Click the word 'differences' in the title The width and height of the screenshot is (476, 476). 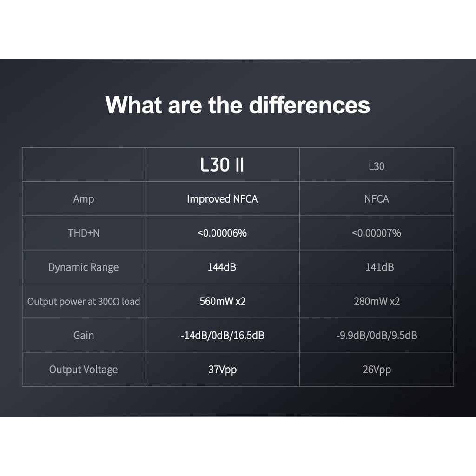[x=309, y=105]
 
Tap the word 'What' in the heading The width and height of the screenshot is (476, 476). [x=133, y=105]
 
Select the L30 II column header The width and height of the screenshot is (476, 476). [x=222, y=165]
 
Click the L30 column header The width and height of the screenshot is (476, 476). [x=377, y=166]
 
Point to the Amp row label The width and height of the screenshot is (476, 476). [x=84, y=199]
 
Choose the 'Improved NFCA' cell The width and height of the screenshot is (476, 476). [x=222, y=199]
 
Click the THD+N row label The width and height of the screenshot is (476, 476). [x=84, y=233]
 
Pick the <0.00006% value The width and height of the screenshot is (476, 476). [x=222, y=233]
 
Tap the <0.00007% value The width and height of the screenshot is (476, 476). [x=377, y=233]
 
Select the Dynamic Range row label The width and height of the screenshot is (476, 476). [x=84, y=267]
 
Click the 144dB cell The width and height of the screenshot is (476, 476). [x=222, y=267]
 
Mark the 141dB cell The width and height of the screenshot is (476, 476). [x=379, y=267]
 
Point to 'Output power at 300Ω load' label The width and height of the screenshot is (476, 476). [x=84, y=302]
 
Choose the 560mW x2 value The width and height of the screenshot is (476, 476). [x=223, y=301]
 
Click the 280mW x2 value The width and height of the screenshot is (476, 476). [x=377, y=301]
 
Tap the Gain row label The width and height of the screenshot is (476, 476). [x=84, y=336]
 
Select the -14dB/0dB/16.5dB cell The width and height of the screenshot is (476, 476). [x=223, y=336]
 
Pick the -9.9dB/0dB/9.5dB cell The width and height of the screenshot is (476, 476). [x=377, y=336]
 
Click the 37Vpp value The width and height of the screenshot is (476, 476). [x=223, y=370]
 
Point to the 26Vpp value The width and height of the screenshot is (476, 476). [x=377, y=370]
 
